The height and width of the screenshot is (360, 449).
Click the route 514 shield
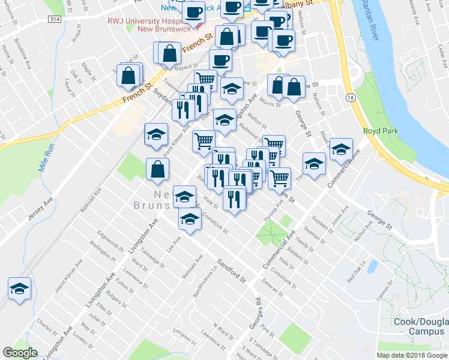click(x=55, y=20)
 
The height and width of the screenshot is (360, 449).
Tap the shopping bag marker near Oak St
click(x=128, y=76)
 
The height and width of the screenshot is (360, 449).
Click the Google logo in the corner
click(x=20, y=353)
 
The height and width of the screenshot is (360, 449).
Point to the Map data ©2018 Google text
click(x=412, y=355)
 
